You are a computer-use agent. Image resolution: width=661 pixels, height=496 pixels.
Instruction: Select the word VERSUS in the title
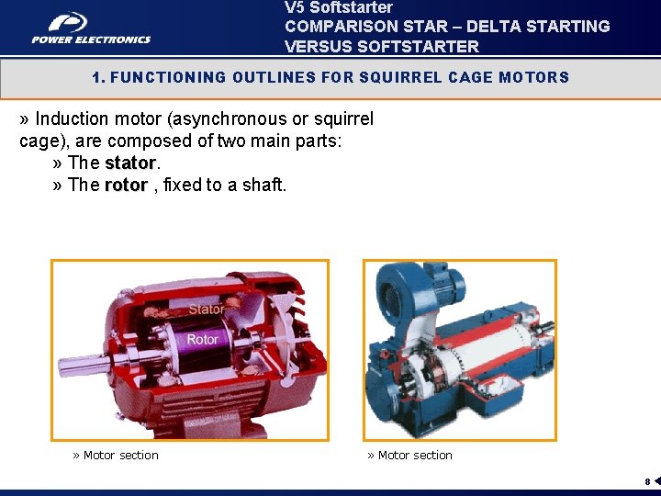coord(318,46)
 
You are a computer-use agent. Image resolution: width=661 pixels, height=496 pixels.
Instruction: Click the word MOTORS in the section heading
coord(533,77)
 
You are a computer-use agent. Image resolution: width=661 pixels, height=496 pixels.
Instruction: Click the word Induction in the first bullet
coord(70,118)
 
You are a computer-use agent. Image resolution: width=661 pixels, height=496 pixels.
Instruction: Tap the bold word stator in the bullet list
coord(130,163)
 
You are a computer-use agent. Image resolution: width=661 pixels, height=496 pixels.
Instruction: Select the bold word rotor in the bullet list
coord(126,185)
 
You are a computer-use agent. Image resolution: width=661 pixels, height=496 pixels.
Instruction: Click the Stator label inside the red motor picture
coord(206,310)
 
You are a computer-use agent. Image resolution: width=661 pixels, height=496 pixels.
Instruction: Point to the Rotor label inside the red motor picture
coord(202,340)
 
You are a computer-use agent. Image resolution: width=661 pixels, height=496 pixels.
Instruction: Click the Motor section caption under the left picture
coord(116,455)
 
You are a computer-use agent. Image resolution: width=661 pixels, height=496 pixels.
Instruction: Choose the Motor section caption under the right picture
coord(410,455)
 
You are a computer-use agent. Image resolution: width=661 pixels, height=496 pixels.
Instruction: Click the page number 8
coord(647,481)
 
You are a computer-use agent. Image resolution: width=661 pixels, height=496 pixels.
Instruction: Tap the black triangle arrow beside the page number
coord(656,480)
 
